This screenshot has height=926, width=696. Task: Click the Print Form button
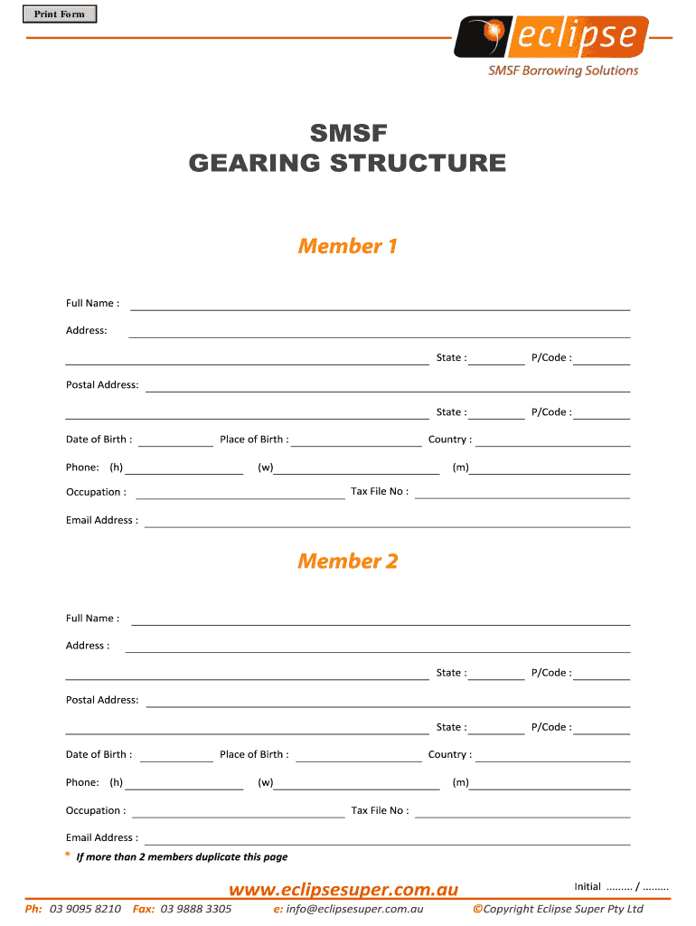pos(60,14)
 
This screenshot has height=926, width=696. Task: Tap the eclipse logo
pos(550,37)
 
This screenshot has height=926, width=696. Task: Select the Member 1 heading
pos(348,246)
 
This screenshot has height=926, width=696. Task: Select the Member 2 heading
pos(348,561)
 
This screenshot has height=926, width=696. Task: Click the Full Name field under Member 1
pos(381,304)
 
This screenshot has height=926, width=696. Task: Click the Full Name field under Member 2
pos(381,619)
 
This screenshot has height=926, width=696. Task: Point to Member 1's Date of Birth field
pos(176,440)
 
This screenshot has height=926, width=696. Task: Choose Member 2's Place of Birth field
pos(358,755)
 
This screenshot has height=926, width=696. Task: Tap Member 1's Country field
pos(552,440)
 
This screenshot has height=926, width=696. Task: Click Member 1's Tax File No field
pos(522,493)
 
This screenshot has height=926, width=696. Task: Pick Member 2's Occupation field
pos(239,811)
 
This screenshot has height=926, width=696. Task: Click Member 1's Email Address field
pos(387,521)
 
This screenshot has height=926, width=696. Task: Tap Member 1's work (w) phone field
pos(357,468)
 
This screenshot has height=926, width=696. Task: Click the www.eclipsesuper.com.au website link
pos(343,890)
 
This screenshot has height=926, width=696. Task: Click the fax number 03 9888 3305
pos(196,909)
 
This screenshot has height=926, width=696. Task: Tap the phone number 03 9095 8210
pos(86,909)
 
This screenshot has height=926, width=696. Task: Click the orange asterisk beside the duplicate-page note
pos(67,855)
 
